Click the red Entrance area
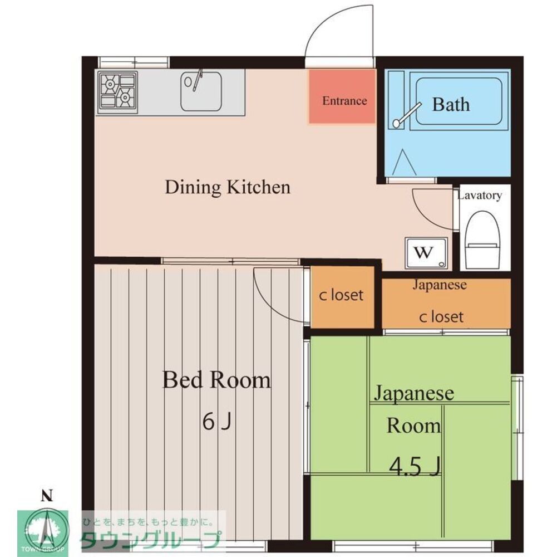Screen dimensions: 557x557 point(342,96)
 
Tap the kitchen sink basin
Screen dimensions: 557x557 point(201,91)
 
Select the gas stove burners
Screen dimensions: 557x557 point(117,90)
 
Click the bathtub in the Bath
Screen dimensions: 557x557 point(459,101)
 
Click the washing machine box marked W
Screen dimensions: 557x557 point(426,252)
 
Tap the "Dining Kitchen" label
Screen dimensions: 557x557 point(228,187)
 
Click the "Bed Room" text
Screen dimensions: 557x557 point(216,380)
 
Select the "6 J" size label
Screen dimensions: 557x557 point(216,422)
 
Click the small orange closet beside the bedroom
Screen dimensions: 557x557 point(342,297)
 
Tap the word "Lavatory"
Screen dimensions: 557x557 point(479,196)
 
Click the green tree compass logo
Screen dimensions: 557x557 point(43,533)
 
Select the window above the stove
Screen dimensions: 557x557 point(134,62)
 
